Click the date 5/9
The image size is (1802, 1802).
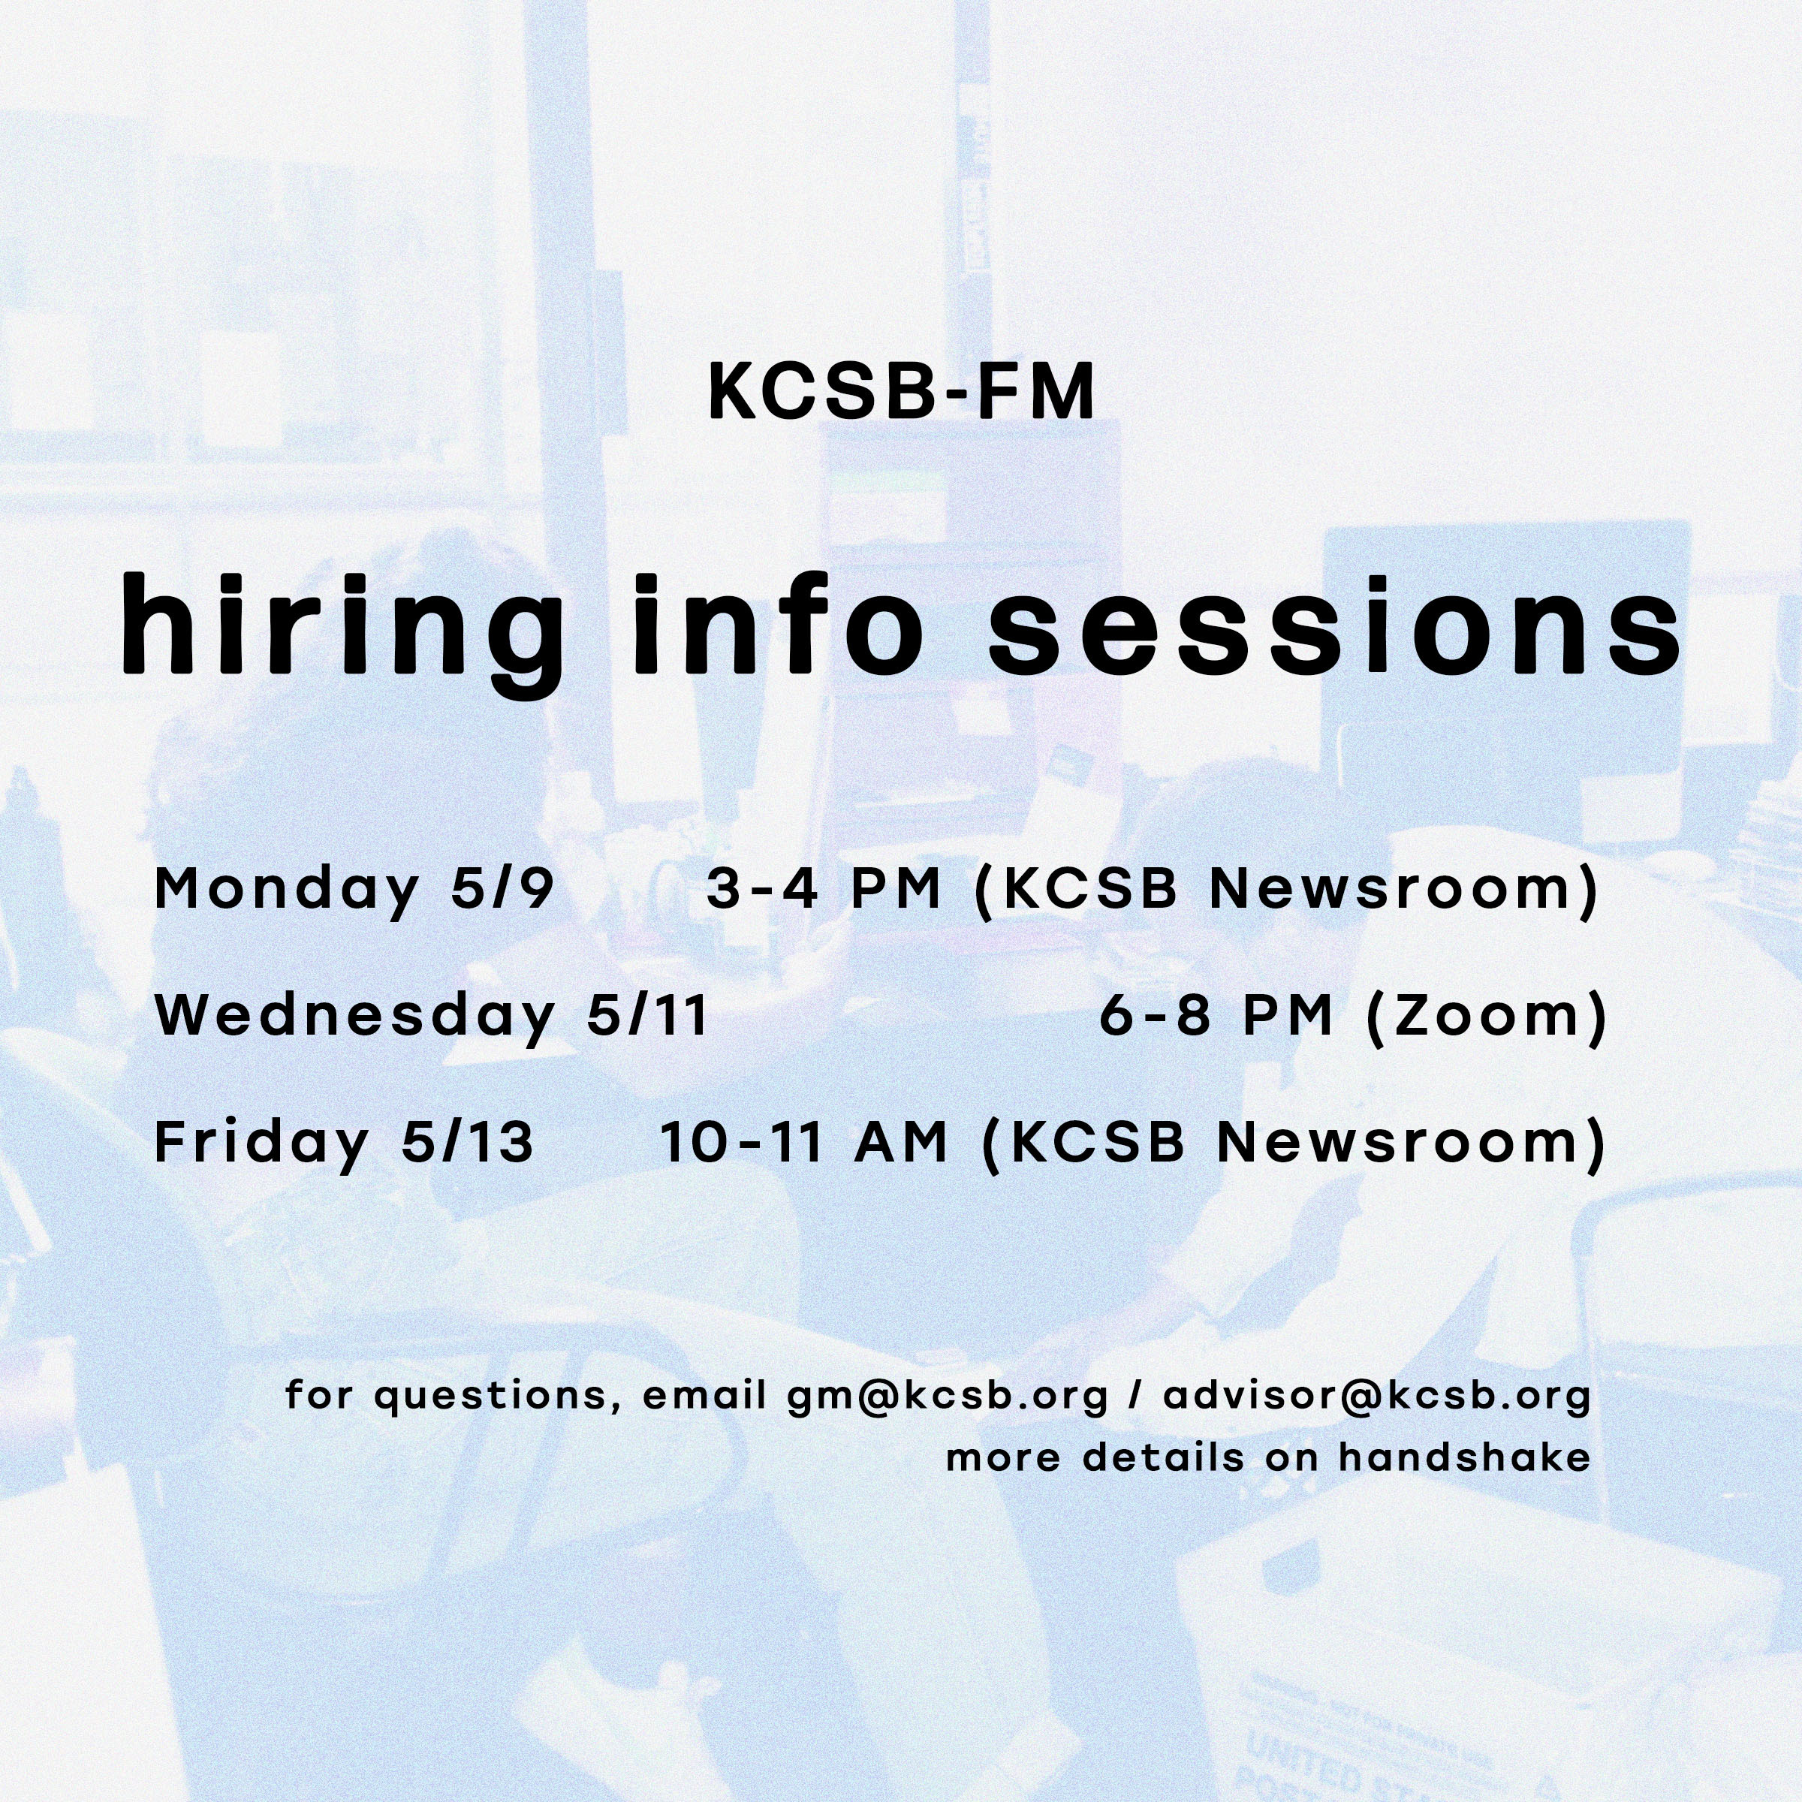(x=502, y=889)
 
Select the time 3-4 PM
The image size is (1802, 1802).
(x=823, y=889)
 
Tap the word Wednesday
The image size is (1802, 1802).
(x=354, y=1016)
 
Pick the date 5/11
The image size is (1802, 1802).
(x=646, y=1016)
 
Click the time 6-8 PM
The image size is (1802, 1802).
(x=1216, y=1016)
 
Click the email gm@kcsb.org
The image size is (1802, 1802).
(x=948, y=1395)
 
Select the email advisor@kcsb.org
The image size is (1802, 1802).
(x=1377, y=1394)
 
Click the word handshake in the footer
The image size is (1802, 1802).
(x=1464, y=1457)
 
